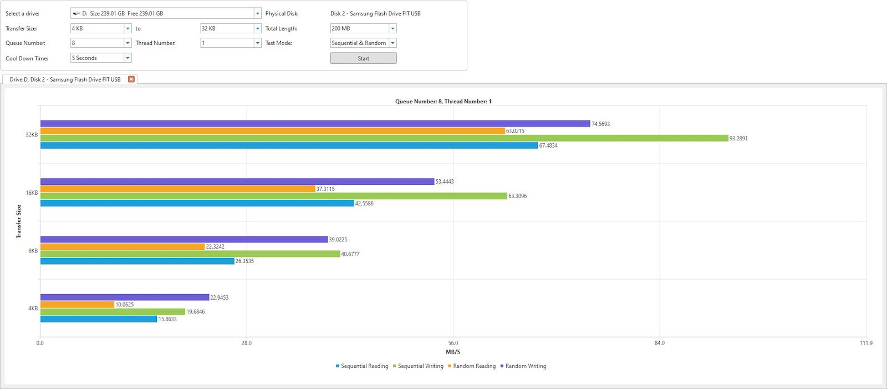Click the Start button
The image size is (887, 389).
363,58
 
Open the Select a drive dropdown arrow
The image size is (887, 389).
257,13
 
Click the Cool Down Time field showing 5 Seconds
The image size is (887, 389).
100,58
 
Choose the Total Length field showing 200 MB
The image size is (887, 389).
363,28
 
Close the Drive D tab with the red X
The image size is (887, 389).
131,79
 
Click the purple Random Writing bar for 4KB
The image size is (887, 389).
124,297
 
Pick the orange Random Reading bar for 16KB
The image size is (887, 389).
177,189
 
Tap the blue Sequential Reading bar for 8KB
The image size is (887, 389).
137,261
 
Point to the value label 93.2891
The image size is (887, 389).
738,139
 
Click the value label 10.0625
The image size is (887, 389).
124,305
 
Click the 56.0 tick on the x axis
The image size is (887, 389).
453,343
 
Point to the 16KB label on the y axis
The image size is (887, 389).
32,193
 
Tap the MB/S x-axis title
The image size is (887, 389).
453,352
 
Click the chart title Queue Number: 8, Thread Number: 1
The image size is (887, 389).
443,102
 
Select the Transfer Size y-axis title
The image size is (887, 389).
19,221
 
